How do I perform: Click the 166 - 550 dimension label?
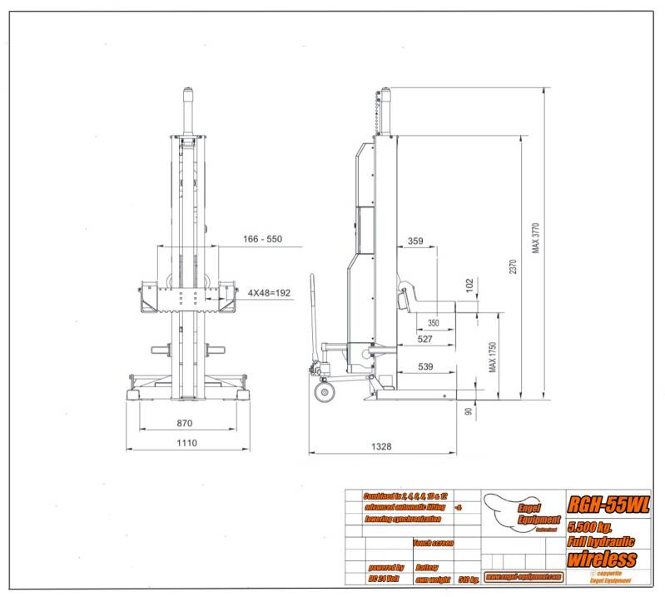click(x=262, y=240)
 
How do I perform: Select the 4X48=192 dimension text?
click(x=269, y=293)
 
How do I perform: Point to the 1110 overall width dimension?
click(x=186, y=443)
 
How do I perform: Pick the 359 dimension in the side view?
click(x=416, y=241)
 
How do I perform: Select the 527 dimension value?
click(x=426, y=338)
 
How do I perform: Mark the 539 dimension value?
click(x=426, y=366)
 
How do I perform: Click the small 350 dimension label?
click(x=433, y=322)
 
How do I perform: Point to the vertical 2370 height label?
click(x=514, y=266)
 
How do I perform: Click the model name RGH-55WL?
click(x=608, y=504)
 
